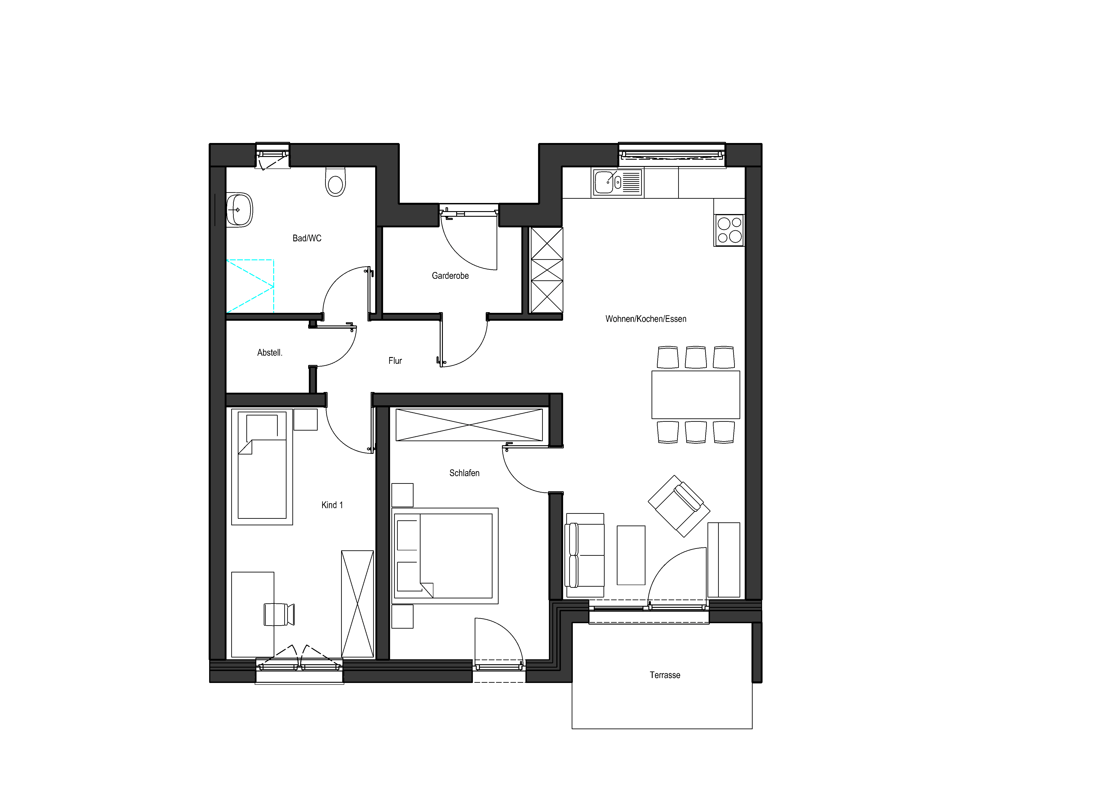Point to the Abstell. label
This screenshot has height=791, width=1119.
point(270,352)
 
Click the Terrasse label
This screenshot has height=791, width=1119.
point(665,675)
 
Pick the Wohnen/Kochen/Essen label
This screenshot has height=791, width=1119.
point(646,319)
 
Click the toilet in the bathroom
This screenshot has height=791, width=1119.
point(335,182)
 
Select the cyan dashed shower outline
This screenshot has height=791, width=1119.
point(250,286)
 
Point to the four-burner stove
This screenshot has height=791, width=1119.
point(729,230)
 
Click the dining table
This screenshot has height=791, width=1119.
point(696,395)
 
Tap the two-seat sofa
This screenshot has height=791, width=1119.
point(584,556)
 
